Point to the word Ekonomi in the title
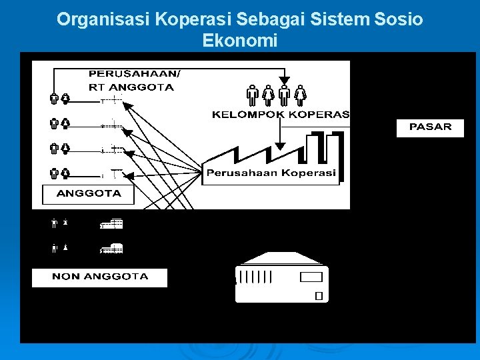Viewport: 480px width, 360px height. tap(239, 41)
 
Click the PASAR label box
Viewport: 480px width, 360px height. tap(430, 127)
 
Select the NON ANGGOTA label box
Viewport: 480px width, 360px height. tap(100, 277)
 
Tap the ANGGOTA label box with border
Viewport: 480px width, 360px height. tap(88, 194)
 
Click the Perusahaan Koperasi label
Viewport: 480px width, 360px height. tap(271, 173)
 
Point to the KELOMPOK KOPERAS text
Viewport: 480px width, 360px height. tap(281, 115)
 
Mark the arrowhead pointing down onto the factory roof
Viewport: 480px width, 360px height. tap(281, 145)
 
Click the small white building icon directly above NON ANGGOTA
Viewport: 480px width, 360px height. tap(112, 249)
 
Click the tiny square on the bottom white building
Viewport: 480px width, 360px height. tap(319, 295)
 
